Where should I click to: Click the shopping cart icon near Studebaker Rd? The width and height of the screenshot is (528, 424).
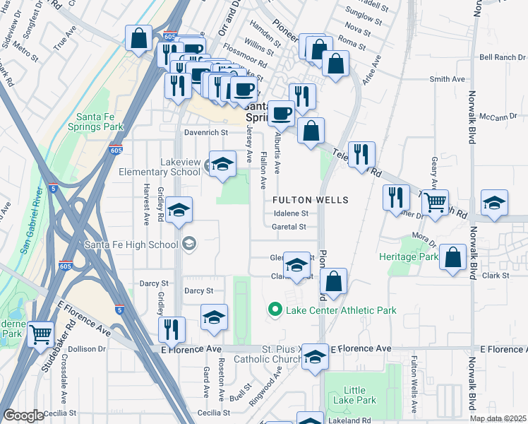[41, 334]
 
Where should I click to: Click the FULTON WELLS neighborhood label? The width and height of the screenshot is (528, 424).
[311, 200]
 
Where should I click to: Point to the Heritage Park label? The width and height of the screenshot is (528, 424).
[408, 257]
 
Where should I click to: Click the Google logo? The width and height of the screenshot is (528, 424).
[23, 416]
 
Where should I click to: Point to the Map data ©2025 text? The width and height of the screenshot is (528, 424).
[498, 418]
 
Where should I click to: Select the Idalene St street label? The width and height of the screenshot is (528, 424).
[291, 213]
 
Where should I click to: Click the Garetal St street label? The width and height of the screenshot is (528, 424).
[289, 227]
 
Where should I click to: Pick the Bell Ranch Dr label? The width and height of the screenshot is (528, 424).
[502, 57]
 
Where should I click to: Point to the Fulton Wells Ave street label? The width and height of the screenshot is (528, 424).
[415, 381]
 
